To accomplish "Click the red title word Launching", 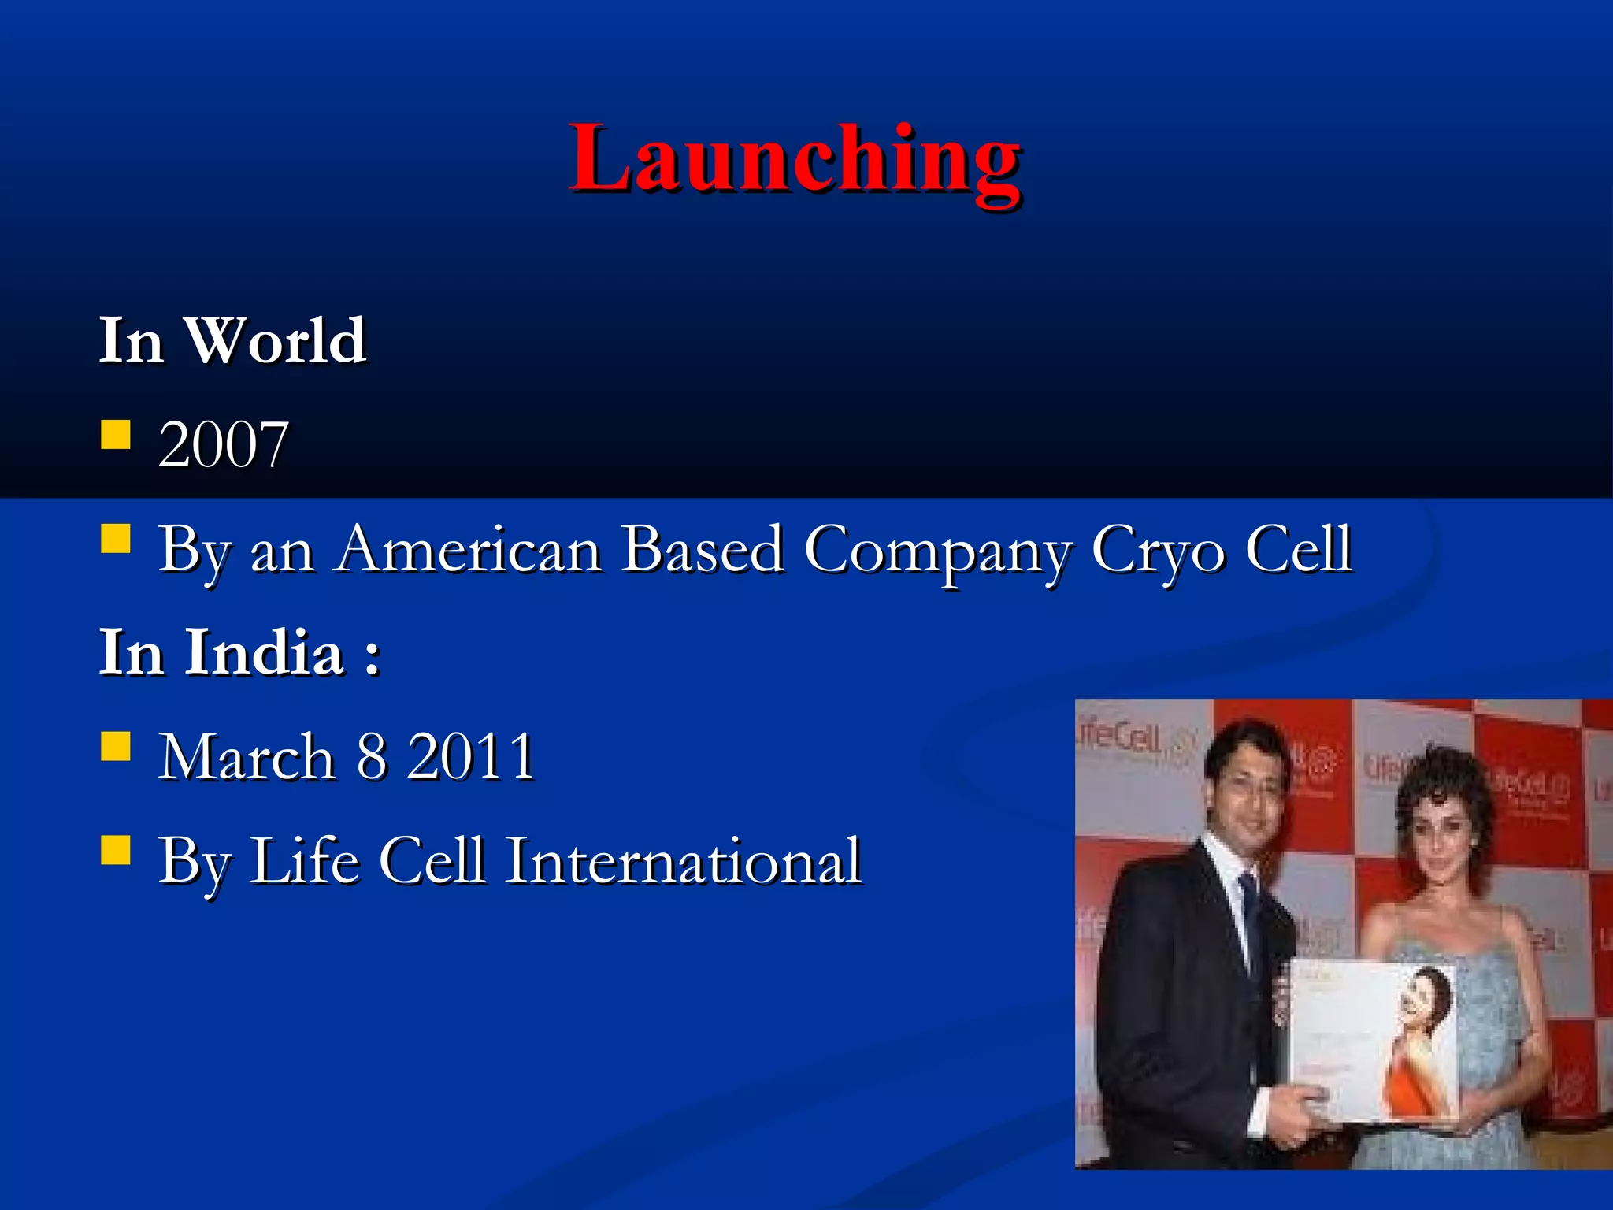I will [795, 160].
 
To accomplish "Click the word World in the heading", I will [275, 341].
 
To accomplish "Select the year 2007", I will [223, 445].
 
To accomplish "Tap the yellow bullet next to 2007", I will [116, 434].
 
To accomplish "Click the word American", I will [469, 550].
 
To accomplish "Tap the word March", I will [247, 757].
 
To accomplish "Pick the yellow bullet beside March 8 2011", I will [116, 746].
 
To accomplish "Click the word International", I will [683, 861].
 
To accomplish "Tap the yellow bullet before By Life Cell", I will [116, 851].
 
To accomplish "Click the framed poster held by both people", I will [1374, 1040].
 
